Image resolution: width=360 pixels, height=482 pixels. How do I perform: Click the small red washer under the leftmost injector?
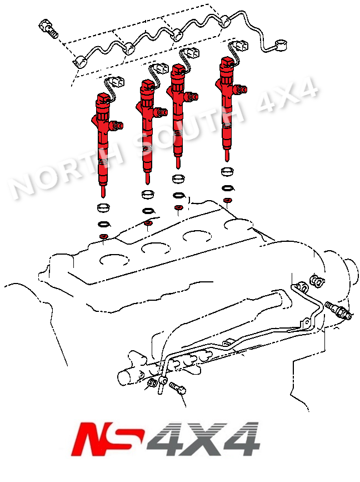[x=103, y=237]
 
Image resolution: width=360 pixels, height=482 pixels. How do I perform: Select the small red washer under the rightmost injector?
[x=228, y=201]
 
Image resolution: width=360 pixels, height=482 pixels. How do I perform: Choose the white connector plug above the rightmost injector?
[x=242, y=46]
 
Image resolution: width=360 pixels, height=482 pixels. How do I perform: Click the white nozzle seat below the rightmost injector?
[x=228, y=172]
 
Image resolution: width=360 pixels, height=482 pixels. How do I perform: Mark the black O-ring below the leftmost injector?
[x=104, y=224]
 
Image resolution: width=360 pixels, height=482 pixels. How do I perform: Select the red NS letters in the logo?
[x=107, y=439]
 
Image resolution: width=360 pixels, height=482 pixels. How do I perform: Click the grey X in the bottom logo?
[x=197, y=439]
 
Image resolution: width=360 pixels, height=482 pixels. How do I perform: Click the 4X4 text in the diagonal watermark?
[x=287, y=95]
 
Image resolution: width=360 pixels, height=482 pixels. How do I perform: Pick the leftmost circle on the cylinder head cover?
[x=114, y=260]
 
